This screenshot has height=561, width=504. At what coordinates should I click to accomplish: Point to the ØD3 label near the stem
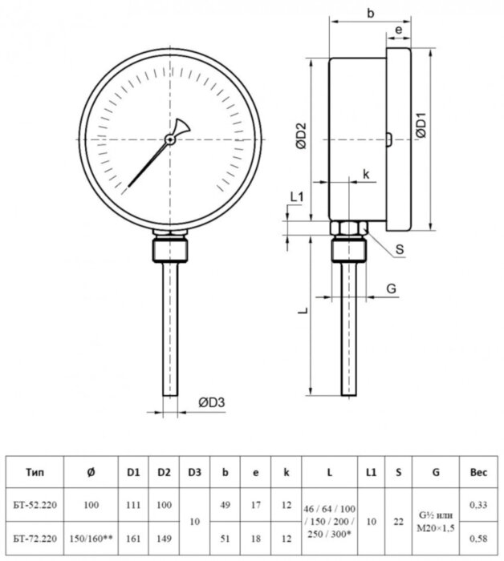210,404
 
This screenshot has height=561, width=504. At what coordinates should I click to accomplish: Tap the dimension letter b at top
370,14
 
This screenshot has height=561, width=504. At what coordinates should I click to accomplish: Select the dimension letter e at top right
398,30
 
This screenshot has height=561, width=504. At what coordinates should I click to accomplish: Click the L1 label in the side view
296,196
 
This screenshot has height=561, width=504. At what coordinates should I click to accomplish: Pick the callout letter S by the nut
399,250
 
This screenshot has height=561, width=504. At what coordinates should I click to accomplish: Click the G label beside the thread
391,287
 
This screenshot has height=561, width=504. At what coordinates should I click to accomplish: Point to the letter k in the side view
365,174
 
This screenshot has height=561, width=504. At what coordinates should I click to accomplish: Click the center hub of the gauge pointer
170,139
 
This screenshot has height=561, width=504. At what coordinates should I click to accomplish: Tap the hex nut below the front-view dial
169,249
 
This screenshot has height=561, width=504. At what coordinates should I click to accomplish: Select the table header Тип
35,473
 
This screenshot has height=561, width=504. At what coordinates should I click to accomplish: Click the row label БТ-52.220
35,504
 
